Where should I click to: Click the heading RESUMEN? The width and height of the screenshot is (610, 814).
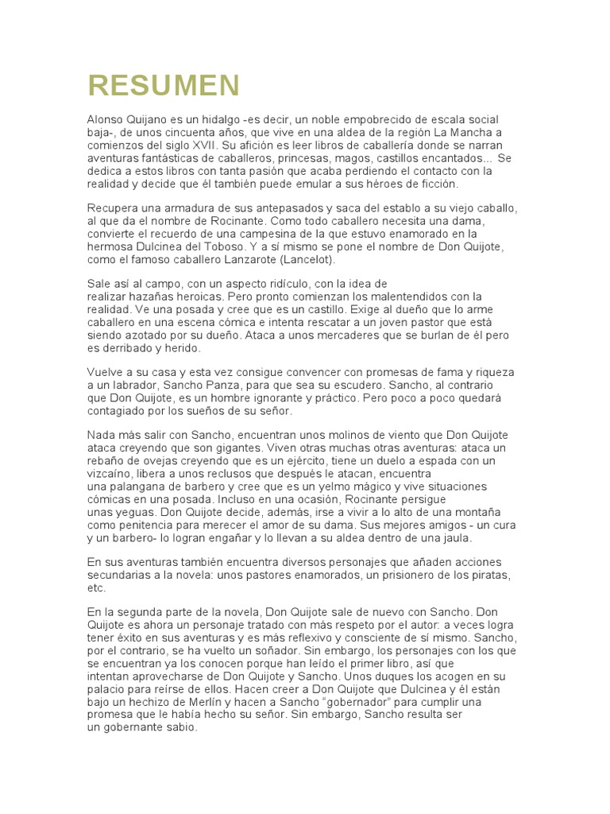point(164,84)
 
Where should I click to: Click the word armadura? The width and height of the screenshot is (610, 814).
point(174,207)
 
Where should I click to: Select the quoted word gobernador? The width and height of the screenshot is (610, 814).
point(358,703)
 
